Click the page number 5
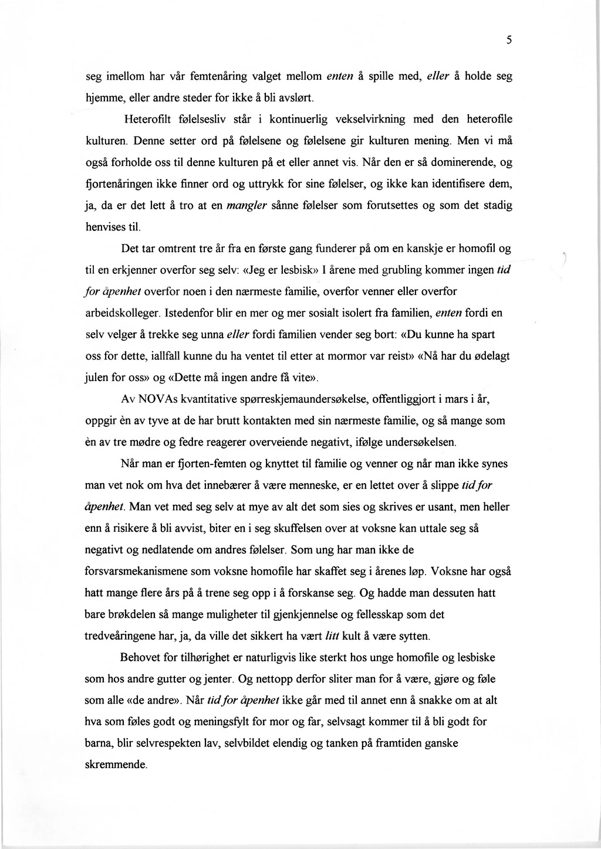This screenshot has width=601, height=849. pos(509,40)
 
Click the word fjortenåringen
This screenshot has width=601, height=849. pos(121,184)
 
